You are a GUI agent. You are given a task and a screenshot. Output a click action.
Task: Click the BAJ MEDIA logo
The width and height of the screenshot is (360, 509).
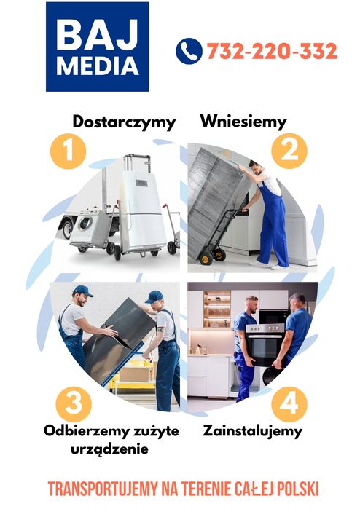tap(97, 47)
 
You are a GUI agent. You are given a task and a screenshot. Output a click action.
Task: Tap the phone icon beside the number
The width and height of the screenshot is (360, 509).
tap(188, 51)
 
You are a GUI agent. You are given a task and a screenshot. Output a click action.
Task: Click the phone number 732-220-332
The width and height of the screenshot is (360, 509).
tap(271, 52)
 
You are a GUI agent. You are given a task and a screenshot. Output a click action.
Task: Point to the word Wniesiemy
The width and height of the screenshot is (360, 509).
tap(243, 121)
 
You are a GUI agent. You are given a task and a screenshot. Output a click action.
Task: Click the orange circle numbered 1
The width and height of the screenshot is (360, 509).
tap(68, 151)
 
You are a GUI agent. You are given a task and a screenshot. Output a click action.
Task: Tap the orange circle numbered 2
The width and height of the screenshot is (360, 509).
tap(289, 151)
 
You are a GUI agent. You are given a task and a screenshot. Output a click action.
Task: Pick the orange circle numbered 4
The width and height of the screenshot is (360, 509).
tap(289, 403)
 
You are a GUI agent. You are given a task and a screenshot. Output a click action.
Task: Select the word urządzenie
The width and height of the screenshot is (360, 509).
tap(109, 449)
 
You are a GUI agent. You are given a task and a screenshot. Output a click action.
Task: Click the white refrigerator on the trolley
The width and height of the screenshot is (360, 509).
tap(144, 208)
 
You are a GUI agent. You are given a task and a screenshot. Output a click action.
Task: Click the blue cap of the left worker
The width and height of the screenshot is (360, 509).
tap(82, 291)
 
